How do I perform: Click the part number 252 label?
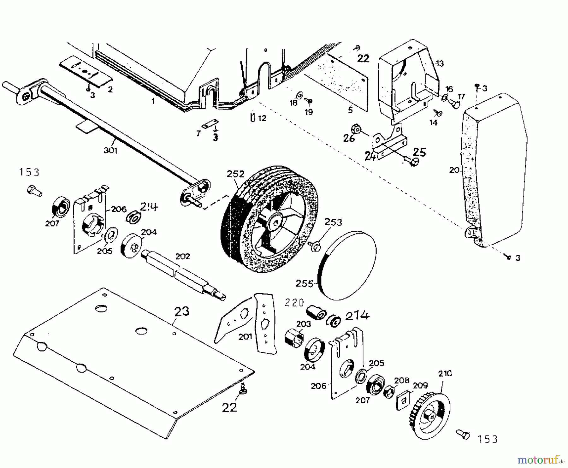[235, 174]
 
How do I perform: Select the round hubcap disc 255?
[347, 265]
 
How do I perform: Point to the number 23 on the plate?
[182, 311]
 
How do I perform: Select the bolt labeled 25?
[414, 162]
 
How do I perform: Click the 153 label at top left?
[29, 172]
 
